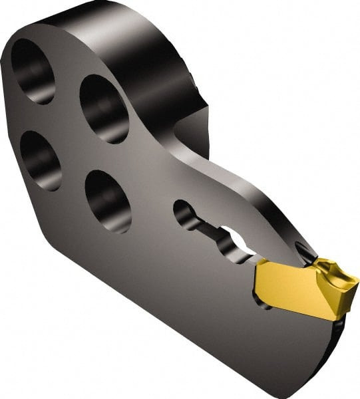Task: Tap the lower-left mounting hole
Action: click(x=41, y=160)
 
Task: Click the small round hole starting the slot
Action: click(x=184, y=215)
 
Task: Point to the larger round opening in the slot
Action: click(x=234, y=241)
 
